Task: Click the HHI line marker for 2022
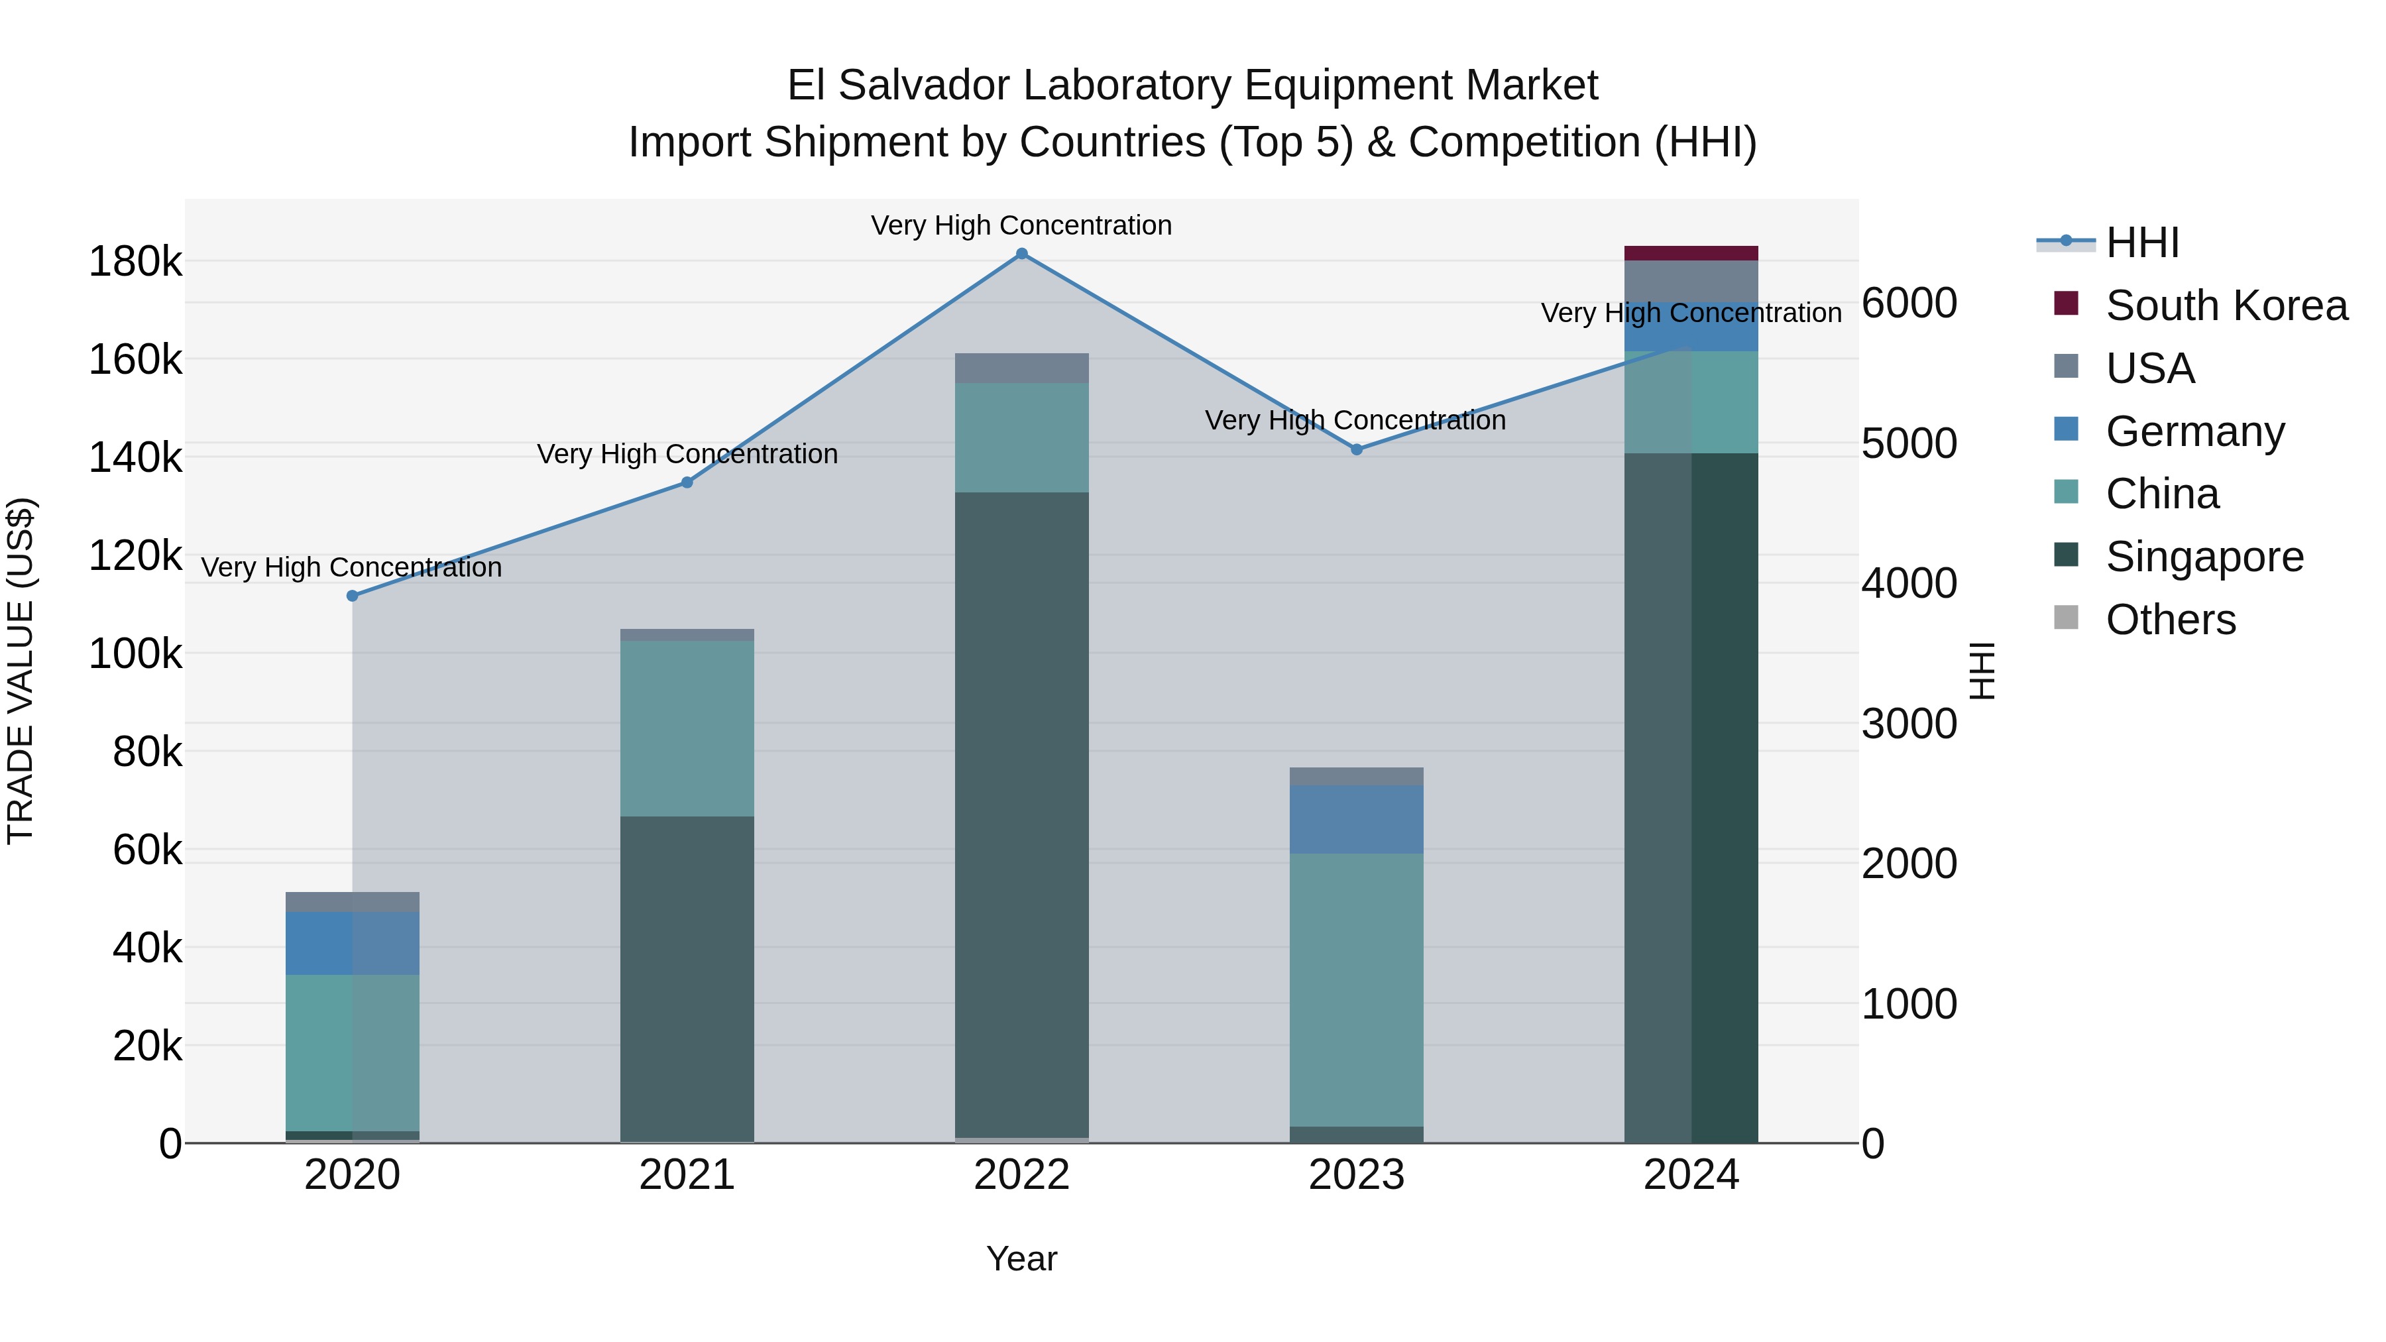click(x=1021, y=254)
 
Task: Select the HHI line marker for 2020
click(x=352, y=596)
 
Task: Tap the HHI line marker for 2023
click(x=1357, y=449)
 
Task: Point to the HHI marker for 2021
click(x=687, y=482)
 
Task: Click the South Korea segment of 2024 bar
click(x=1691, y=253)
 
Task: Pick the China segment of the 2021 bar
click(x=687, y=728)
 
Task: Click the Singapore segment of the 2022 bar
click(x=1021, y=815)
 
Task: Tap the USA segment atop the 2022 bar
click(x=1021, y=368)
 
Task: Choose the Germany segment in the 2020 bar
click(x=352, y=943)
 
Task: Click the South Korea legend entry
click(x=2226, y=306)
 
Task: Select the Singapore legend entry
click(x=2204, y=557)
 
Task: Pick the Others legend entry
click(x=2170, y=620)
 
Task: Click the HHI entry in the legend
click(x=2141, y=243)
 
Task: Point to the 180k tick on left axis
click(x=135, y=262)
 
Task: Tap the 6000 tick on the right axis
click(x=1910, y=303)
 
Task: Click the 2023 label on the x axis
click(x=1357, y=1175)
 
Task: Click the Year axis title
click(x=1021, y=1258)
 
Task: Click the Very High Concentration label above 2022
click(x=1021, y=225)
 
